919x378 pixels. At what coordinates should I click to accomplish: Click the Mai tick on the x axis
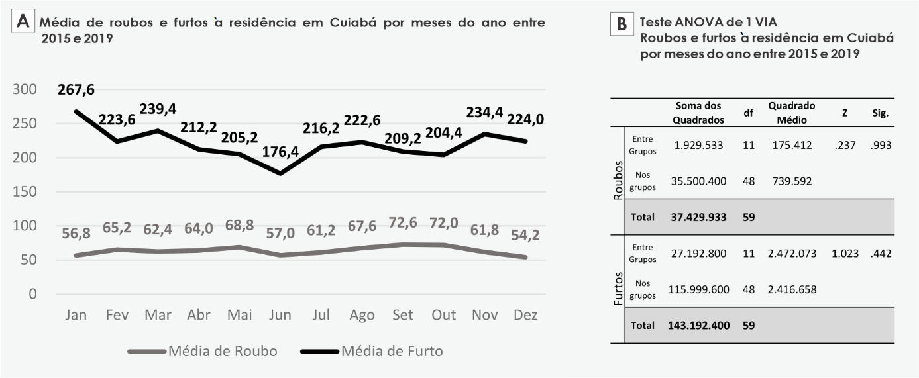[239, 315]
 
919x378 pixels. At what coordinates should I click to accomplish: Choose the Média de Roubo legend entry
[223, 351]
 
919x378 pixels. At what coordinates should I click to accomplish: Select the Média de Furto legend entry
[392, 351]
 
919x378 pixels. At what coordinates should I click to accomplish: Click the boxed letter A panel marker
[23, 21]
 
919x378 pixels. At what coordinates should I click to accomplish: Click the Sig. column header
[881, 113]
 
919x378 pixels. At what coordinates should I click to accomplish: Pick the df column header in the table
[748, 113]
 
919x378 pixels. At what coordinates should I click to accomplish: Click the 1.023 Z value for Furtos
[844, 253]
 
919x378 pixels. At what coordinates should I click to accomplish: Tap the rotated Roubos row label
[618, 180]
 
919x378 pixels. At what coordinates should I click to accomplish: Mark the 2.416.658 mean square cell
[792, 289]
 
